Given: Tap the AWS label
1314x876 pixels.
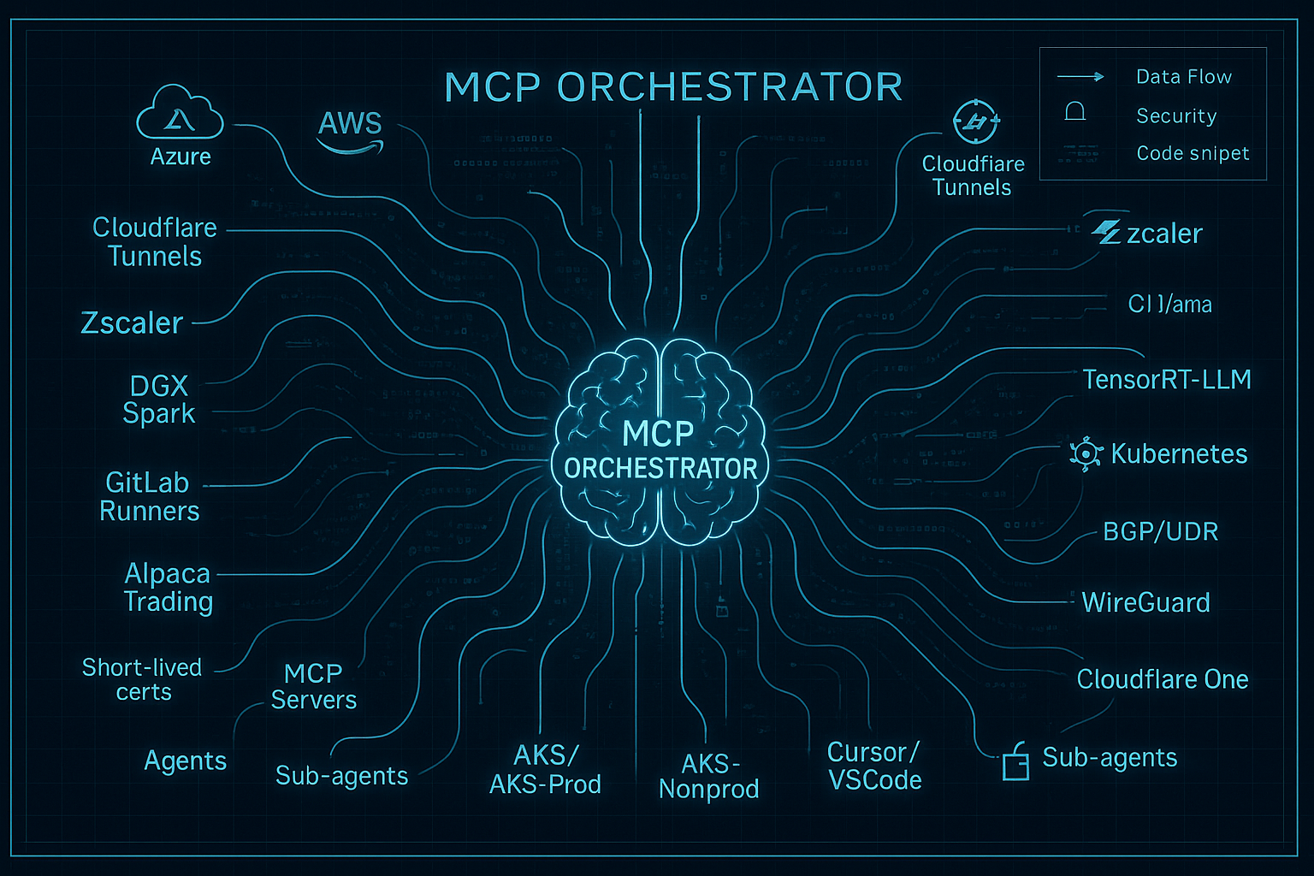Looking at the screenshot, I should [350, 125].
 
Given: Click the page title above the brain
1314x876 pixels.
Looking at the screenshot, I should [673, 87].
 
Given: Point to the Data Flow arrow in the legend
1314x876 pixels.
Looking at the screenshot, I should [1080, 77].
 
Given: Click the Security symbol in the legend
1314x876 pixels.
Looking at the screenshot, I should [1075, 112].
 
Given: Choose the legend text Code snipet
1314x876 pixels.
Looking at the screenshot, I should [1193, 153].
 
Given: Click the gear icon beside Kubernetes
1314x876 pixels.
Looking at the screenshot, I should [1086, 453].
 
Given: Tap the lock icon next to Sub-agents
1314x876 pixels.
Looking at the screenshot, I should [1015, 761].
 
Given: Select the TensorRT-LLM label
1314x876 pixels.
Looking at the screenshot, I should [1167, 379].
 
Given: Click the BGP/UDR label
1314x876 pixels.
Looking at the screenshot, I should [1160, 531].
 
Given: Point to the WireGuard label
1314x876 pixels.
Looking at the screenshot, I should [1145, 602].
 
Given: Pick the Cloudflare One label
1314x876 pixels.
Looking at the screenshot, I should [1162, 679].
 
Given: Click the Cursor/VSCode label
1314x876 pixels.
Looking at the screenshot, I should [874, 766].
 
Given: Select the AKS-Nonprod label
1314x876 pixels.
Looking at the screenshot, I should [708, 776].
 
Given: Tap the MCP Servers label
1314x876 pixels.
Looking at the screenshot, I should [313, 686].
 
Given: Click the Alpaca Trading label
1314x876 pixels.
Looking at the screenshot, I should [168, 587].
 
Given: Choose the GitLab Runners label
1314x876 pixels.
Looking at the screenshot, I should [149, 496].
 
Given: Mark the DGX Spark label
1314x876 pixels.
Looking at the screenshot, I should [159, 400].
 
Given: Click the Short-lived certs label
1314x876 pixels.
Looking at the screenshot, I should [142, 679].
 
